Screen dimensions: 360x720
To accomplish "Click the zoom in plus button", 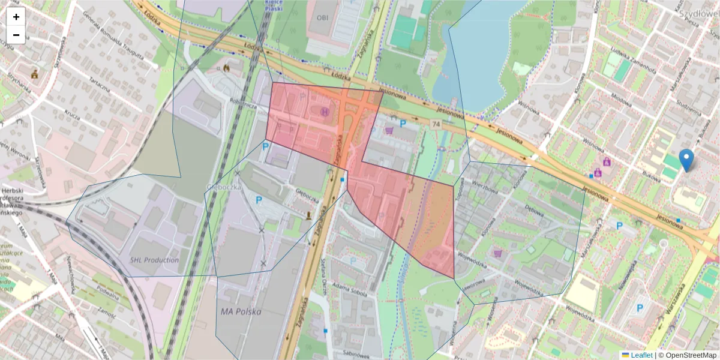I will tap(16, 17).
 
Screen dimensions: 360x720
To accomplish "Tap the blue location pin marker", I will tap(687, 160).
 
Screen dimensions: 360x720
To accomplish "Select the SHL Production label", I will tap(154, 260).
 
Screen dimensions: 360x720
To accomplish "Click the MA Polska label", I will tap(241, 311).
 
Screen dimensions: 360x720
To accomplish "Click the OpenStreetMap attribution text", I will tap(688, 355).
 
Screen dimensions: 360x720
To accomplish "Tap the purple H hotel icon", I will tap(325, 111).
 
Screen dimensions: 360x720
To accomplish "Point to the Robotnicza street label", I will tap(242, 103).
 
